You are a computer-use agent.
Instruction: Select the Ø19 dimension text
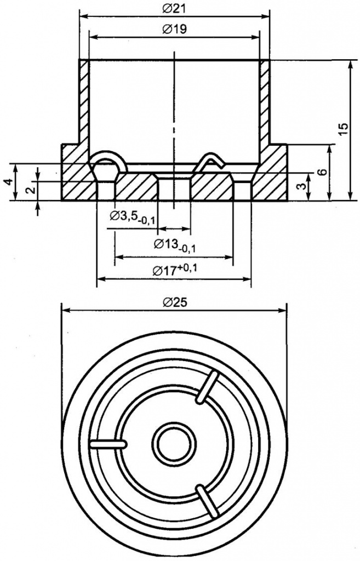174,30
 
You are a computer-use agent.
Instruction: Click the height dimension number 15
343,129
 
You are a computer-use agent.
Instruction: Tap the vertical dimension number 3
301,187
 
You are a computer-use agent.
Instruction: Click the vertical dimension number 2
30,190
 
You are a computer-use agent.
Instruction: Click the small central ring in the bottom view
174,443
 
